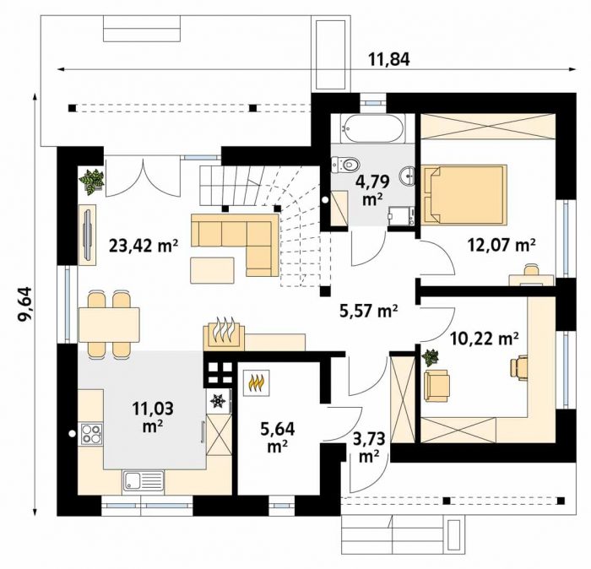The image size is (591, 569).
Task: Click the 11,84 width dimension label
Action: click(x=388, y=60)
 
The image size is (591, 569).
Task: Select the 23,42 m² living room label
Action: click(x=144, y=246)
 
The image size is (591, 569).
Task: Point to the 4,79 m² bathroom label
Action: click(x=372, y=190)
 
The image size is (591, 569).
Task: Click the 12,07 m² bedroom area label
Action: click(x=502, y=246)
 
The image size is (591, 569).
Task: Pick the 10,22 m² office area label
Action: click(x=484, y=339)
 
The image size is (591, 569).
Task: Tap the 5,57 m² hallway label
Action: click(x=369, y=311)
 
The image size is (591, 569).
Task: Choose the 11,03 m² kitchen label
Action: click(x=153, y=417)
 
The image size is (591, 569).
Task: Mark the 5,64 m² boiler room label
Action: click(x=278, y=437)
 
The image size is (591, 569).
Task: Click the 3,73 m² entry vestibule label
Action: click(x=370, y=447)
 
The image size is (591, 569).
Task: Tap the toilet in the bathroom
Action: click(x=344, y=165)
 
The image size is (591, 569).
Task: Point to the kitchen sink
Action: click(x=144, y=481)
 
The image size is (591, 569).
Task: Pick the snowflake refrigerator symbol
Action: click(x=218, y=401)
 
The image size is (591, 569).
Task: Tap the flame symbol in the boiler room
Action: click(x=257, y=382)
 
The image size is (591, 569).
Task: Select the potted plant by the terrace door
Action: click(x=91, y=182)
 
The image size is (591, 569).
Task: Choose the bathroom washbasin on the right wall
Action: click(x=408, y=176)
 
